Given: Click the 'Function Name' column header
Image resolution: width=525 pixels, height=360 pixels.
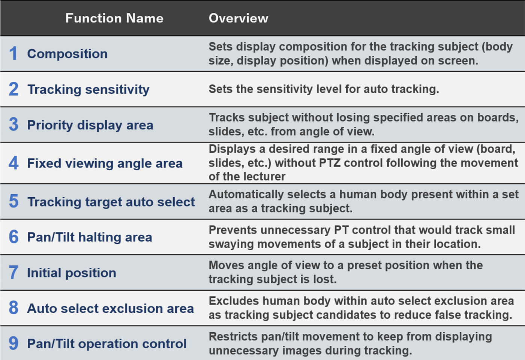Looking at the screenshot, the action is [114, 18].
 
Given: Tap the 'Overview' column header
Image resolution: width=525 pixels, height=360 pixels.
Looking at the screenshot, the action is [238, 18].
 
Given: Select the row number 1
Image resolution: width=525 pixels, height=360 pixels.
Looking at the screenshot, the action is [13, 53].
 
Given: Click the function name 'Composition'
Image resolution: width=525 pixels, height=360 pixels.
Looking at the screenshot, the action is [67, 54].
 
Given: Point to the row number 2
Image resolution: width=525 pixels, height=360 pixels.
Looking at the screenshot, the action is [13, 89].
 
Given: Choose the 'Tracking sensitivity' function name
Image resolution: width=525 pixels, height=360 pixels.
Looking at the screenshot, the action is [88, 90].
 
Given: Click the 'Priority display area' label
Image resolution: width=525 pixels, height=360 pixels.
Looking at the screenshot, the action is [90, 125].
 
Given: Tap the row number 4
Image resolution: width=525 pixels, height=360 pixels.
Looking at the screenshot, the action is [13, 163].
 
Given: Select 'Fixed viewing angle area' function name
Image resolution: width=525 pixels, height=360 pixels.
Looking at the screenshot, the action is [105, 163].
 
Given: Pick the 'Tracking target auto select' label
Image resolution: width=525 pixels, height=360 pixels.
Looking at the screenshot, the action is [111, 202].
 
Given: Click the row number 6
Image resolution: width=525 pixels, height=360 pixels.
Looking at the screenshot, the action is [13, 237].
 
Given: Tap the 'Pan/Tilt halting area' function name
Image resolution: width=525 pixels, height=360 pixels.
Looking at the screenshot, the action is [90, 237].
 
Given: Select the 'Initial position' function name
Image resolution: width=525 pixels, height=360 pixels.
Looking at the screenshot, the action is [72, 273].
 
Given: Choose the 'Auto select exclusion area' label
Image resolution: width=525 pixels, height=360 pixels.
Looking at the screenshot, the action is [111, 308].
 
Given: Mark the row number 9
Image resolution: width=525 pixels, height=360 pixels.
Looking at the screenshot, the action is [13, 343].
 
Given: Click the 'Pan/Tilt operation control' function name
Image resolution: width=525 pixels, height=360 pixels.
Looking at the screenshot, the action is [107, 344].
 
